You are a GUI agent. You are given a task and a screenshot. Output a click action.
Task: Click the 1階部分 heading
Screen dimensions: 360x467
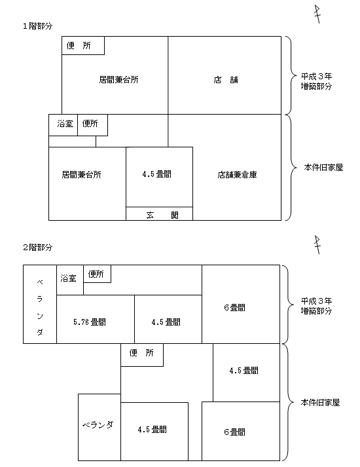(x=37, y=26)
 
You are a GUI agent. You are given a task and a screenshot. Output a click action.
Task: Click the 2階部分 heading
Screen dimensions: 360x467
(x=37, y=247)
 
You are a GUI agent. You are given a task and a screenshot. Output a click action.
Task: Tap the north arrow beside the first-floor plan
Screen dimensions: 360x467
(x=317, y=14)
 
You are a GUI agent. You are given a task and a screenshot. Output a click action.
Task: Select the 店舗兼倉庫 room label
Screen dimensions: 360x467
(x=237, y=174)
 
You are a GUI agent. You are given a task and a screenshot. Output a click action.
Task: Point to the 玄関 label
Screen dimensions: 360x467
(x=162, y=215)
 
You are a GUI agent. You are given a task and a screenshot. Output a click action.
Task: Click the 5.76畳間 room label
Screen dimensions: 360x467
(x=90, y=322)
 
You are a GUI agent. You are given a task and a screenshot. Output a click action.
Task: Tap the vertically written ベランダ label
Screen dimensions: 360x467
(x=40, y=307)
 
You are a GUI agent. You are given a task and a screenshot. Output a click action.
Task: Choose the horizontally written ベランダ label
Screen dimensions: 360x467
(x=98, y=424)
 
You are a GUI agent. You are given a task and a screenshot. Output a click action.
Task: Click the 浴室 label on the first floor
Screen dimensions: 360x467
(x=65, y=123)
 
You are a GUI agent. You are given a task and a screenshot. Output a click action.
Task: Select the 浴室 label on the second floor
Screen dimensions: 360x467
(x=69, y=278)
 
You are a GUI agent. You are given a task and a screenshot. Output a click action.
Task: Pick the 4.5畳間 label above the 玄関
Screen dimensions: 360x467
(x=157, y=174)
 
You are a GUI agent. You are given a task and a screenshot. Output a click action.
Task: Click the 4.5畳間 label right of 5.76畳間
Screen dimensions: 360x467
(x=166, y=322)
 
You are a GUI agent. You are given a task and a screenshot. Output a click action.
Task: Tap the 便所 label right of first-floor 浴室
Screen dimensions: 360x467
(x=90, y=123)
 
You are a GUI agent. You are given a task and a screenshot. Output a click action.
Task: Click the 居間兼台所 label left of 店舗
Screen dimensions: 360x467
(x=118, y=79)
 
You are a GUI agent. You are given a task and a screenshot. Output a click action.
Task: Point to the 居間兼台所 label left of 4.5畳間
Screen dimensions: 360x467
(x=82, y=174)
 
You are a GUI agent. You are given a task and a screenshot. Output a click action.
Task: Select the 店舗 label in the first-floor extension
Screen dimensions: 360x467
(x=226, y=80)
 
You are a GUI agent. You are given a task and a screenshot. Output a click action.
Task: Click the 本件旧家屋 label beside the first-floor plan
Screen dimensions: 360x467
(x=323, y=168)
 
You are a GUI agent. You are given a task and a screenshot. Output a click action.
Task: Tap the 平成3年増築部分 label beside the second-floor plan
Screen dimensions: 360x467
(x=316, y=306)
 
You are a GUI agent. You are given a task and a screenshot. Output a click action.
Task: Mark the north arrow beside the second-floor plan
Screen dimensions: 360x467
(x=317, y=245)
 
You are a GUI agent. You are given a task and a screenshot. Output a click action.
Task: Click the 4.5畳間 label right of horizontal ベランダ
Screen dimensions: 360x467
(x=152, y=429)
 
